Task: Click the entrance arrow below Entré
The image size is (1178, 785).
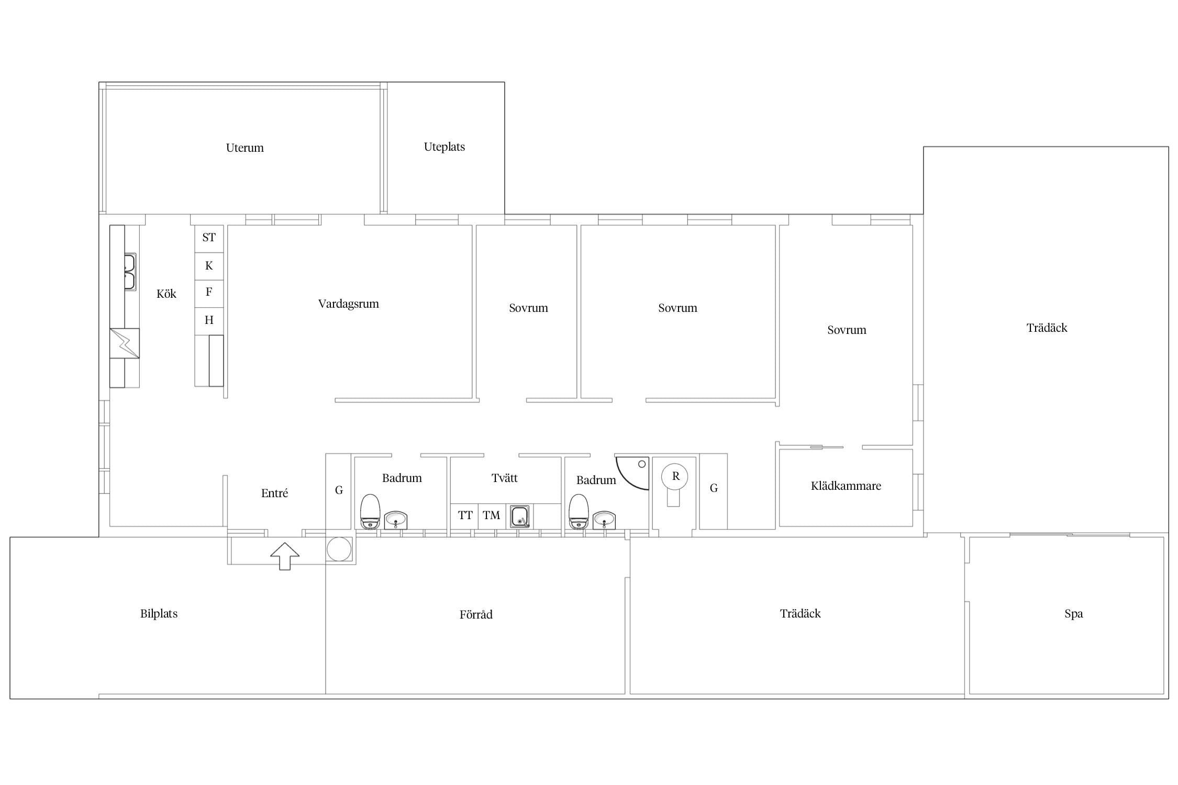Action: pos(285,556)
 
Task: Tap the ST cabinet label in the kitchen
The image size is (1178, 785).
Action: pos(209,238)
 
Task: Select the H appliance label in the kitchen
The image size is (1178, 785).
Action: pos(209,320)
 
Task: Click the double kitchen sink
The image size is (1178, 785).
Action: pos(130,272)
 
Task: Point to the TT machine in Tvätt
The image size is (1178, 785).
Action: pos(465,515)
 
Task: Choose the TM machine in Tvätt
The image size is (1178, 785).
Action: pos(491,515)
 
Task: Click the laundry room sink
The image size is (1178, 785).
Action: pos(520,517)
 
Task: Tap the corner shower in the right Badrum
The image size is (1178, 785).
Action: pos(632,473)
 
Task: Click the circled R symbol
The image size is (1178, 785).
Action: pos(675,476)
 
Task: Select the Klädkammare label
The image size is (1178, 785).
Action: pos(846,486)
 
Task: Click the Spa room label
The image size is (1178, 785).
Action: pos(1073,614)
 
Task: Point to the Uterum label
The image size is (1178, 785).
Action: pos(245,148)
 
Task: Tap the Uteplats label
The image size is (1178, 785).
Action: pos(444,147)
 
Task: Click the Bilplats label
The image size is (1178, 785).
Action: pos(159,614)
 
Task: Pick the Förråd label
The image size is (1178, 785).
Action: pos(476,614)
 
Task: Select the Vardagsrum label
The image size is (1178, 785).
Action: pos(348,304)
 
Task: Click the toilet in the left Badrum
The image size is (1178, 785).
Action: pos(370,511)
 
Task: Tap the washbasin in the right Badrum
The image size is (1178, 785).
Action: pos(604,520)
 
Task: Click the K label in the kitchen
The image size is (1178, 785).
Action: pos(209,266)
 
